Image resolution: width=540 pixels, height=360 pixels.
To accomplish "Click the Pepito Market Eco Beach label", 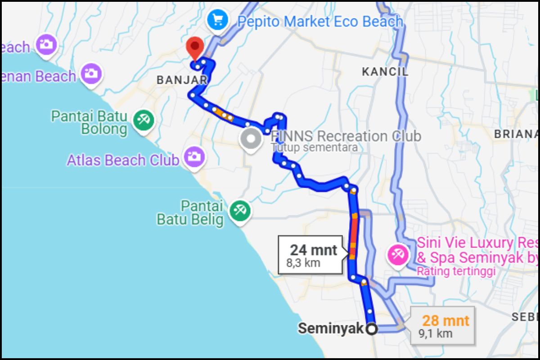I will [x=320, y=21].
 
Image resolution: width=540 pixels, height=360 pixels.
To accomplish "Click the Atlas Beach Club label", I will [x=123, y=160].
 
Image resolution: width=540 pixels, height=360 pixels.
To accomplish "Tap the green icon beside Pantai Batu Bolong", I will [x=144, y=120].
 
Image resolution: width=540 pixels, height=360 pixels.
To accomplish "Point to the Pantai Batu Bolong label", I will [x=89, y=122].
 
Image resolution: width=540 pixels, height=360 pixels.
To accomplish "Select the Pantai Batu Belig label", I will [x=190, y=213].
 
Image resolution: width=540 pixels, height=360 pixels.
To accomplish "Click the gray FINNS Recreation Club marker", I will [x=251, y=139].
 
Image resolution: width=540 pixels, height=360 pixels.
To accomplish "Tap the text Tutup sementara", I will [x=315, y=148].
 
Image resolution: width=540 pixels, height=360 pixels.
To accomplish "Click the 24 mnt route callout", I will [x=313, y=255].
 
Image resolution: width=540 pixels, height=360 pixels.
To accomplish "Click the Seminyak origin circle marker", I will [x=371, y=329].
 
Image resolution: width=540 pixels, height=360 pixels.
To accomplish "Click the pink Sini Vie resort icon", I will [x=398, y=255].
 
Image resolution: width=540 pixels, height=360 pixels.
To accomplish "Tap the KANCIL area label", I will [x=385, y=72].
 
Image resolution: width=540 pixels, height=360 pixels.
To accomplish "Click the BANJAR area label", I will [x=181, y=80].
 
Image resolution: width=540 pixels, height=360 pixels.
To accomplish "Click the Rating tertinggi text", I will [x=455, y=271].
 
